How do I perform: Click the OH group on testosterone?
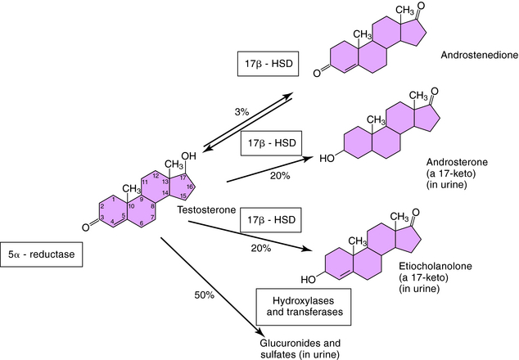point(187,156)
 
